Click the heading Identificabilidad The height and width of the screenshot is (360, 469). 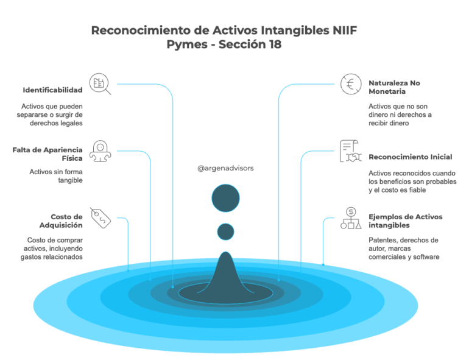[x=52, y=90]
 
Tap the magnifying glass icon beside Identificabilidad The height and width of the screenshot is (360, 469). [x=100, y=84]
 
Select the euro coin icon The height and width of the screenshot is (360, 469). [x=351, y=84]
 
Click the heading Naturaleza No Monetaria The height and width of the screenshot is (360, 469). [x=394, y=87]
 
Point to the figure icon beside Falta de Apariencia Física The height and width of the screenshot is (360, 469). [x=100, y=151]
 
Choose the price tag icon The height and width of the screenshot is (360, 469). [x=100, y=218]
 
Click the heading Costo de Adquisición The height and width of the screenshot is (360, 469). [x=61, y=221]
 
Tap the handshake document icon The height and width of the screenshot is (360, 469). [x=351, y=151]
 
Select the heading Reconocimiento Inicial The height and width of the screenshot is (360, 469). [x=411, y=157]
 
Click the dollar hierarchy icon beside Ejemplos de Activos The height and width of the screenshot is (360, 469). [x=351, y=218]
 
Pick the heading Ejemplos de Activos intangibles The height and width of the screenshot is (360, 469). [x=405, y=221]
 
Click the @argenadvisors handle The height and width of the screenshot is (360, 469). [x=225, y=168]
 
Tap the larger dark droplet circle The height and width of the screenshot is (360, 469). [x=225, y=198]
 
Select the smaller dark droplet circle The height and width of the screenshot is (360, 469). [x=225, y=231]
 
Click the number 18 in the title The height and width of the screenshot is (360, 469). [x=275, y=44]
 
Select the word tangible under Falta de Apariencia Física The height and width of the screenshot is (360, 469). [x=70, y=180]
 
